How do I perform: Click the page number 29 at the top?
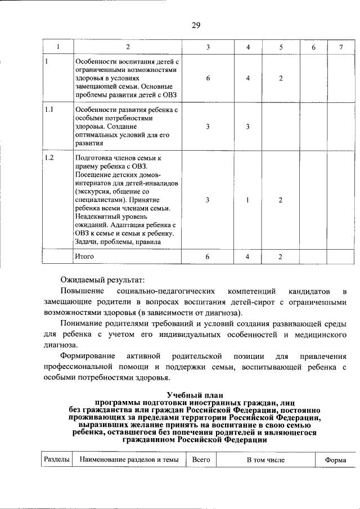pos(196,25)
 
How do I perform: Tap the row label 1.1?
pos(49,110)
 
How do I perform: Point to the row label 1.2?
pos(49,159)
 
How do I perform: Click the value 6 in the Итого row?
pos(208,256)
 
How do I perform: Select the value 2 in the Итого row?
pos(280,256)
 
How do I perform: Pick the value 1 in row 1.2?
pos(247,200)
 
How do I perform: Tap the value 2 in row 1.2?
pos(280,200)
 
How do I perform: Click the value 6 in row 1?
pos(208,78)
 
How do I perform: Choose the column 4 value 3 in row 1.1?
pos(247,127)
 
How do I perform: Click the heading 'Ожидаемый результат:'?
pos(103,280)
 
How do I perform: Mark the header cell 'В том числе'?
pos(265,460)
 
